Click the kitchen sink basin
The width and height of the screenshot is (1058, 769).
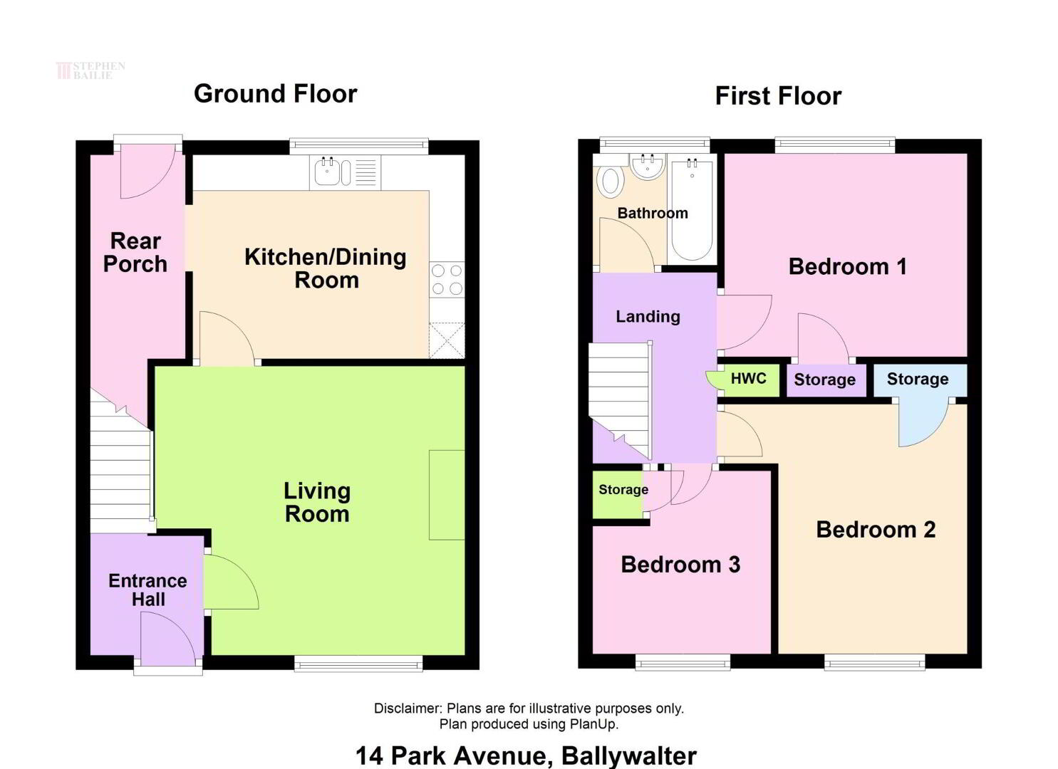coord(326,172)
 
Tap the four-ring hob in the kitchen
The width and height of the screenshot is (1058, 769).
coord(447,279)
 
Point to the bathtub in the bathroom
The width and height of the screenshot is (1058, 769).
coord(692,210)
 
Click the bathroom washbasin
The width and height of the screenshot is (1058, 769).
coord(648,166)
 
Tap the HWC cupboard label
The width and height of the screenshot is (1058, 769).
coord(749,378)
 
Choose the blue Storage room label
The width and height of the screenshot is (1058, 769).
coord(917,379)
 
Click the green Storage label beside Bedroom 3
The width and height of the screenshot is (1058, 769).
coord(623,490)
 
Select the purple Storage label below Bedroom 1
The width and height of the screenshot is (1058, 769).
coord(825,379)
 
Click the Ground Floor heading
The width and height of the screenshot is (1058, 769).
coord(275,93)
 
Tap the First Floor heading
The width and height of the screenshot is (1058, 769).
coord(778,96)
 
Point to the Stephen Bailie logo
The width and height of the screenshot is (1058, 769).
coord(90,70)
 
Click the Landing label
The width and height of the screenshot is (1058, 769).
coord(648,316)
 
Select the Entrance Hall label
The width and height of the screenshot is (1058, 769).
coord(148,590)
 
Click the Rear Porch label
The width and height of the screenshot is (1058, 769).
coord(135,253)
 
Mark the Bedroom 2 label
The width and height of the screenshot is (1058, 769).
coord(876,529)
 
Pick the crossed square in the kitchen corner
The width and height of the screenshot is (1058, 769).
coord(447,340)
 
